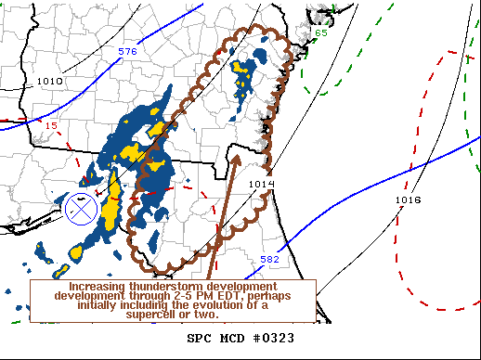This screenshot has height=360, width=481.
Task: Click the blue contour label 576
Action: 128,51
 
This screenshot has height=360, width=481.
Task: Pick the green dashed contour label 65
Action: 320,33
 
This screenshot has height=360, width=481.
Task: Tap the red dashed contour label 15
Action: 52,125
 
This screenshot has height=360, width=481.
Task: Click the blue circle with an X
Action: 83,210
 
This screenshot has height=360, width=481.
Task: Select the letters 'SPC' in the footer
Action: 200,338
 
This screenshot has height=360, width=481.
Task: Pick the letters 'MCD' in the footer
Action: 232,338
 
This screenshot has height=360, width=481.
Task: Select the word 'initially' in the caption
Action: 101,305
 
